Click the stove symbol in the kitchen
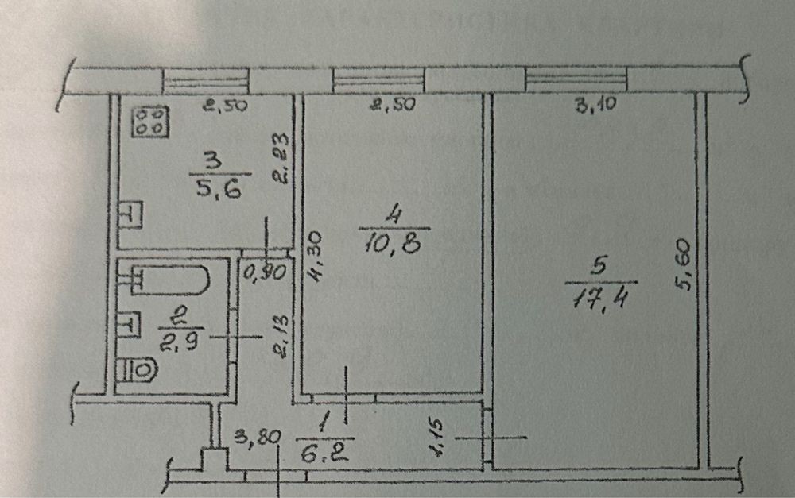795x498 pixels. coord(150,121)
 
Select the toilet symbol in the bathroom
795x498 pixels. coord(138,370)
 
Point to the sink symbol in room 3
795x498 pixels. coord(130,216)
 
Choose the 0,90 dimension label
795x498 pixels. coord(263,272)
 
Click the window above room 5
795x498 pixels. coord(576,79)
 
